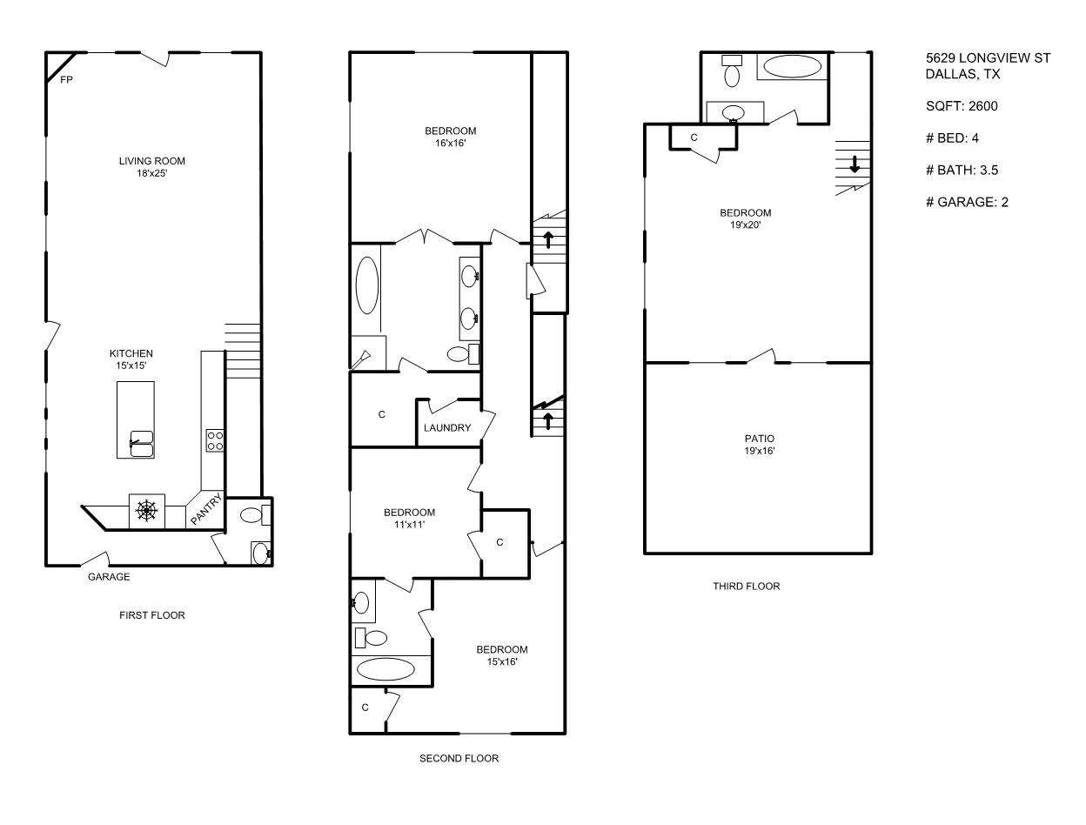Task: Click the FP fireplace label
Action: tap(66, 80)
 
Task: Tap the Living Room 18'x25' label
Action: tap(152, 167)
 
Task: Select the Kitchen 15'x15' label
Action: tap(131, 359)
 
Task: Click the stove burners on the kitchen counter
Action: tap(215, 440)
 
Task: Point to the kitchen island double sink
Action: tap(142, 443)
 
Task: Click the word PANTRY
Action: tap(207, 509)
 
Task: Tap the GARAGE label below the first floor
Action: tap(109, 577)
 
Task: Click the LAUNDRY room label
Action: tap(447, 428)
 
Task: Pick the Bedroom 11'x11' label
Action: tap(410, 519)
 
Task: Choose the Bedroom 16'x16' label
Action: tap(451, 137)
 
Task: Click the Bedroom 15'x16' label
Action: tap(502, 655)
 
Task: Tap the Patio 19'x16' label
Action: tap(760, 444)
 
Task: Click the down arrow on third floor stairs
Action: tap(855, 164)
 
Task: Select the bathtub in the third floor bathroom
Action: tap(792, 66)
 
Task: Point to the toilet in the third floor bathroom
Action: tap(732, 70)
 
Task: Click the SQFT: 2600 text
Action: tap(962, 106)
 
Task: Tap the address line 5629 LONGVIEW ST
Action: tap(988, 57)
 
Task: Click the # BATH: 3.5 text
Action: tap(962, 170)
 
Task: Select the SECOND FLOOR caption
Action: tap(459, 758)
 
